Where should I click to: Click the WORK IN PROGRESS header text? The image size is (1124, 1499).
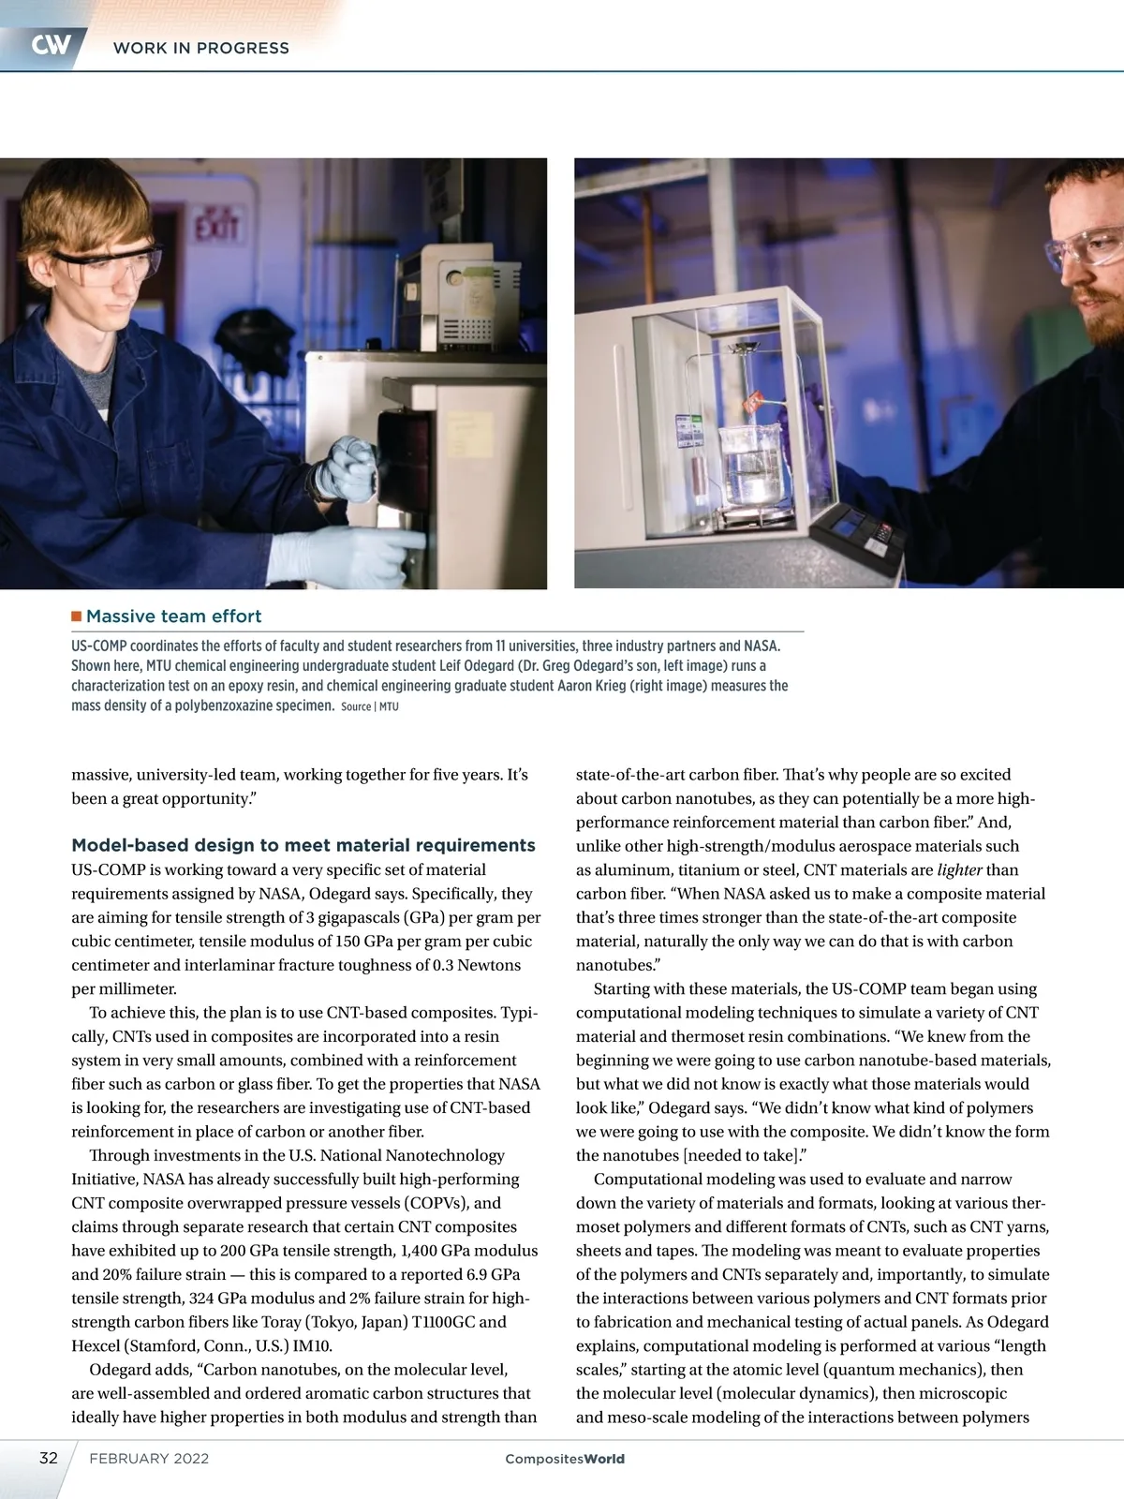click(200, 48)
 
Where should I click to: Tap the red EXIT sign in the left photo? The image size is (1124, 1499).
click(217, 226)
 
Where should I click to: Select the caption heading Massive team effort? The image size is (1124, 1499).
click(173, 616)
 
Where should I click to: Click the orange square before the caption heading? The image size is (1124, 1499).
click(77, 616)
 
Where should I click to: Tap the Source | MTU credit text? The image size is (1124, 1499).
click(370, 706)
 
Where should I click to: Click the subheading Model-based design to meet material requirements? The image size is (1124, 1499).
click(303, 845)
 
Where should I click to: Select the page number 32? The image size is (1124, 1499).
click(49, 1458)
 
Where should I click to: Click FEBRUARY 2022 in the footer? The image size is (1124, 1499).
click(149, 1459)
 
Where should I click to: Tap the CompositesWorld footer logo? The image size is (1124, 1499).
click(564, 1459)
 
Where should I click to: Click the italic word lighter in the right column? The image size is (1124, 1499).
click(959, 870)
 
